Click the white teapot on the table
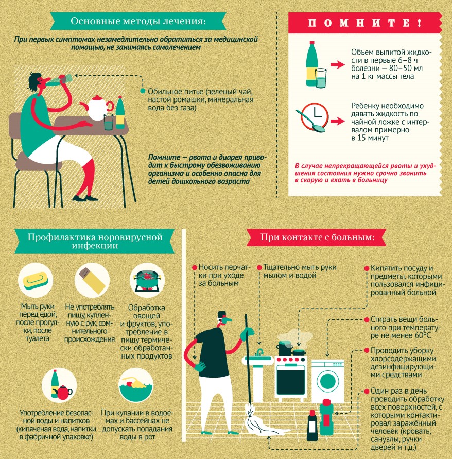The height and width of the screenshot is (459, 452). pyautogui.click(x=97, y=108)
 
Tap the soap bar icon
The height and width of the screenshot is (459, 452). pyautogui.click(x=36, y=280)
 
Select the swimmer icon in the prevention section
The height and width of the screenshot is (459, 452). pyautogui.click(x=136, y=385)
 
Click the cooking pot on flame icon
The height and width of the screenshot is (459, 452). pyautogui.click(x=147, y=280)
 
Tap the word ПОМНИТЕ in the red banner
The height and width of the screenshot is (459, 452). pyautogui.click(x=365, y=23)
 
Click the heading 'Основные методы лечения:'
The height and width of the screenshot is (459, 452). pyautogui.click(x=138, y=21)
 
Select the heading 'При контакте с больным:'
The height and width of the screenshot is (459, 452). pyautogui.click(x=318, y=237)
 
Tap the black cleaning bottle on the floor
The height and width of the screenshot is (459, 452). pyautogui.click(x=312, y=426)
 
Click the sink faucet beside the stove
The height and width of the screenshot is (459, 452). pyautogui.click(x=259, y=352)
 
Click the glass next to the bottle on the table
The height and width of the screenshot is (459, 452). pyautogui.click(x=109, y=122)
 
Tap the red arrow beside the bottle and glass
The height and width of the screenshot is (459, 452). pyautogui.click(x=338, y=65)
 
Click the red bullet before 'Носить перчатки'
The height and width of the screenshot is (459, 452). pyautogui.click(x=194, y=267)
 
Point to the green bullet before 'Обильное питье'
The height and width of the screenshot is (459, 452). pyautogui.click(x=143, y=91)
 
